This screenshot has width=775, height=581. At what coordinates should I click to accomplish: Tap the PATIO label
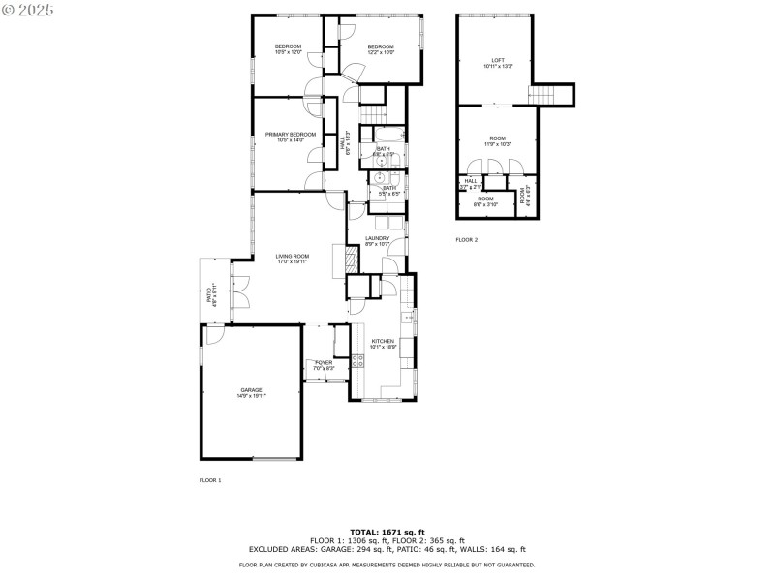click(210, 296)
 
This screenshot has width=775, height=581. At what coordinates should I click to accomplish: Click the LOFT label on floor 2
click(498, 62)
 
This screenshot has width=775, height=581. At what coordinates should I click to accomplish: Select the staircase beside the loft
click(542, 95)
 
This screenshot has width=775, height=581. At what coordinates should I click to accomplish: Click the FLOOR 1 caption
click(210, 480)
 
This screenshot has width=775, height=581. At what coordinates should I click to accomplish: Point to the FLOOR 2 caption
click(467, 240)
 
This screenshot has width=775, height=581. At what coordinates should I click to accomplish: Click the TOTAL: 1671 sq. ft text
click(387, 533)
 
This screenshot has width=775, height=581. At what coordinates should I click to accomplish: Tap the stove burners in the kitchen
click(357, 362)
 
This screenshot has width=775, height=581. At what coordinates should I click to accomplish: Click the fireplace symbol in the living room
click(337, 260)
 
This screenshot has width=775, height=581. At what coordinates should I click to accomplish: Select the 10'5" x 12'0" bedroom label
click(288, 49)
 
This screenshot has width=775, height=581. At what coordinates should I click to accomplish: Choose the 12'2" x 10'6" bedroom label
click(381, 49)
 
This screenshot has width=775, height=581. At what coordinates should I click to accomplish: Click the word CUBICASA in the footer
click(369, 565)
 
